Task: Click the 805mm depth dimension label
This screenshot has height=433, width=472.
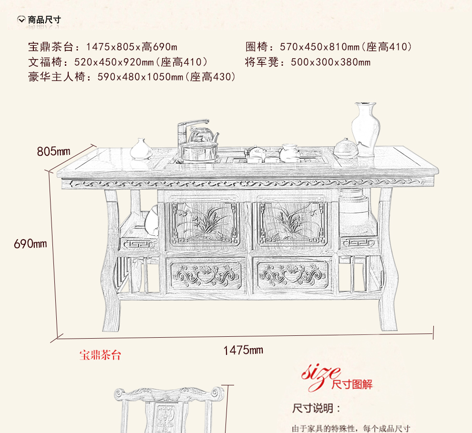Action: pos(53,151)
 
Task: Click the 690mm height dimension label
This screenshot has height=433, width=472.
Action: pos(31,243)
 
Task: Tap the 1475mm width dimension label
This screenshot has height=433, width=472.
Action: pos(243,350)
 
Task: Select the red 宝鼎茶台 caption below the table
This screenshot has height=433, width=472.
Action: pos(100,355)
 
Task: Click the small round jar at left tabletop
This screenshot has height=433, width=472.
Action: pos(142,149)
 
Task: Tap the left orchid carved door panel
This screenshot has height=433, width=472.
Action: pos(205,223)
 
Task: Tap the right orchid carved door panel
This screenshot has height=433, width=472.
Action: pos(292,223)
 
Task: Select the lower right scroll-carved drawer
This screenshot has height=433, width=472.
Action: pos(292,275)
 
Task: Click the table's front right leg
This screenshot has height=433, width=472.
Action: pos(387,267)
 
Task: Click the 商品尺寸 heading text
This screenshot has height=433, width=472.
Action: pos(44,20)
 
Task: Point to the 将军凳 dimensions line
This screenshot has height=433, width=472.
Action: pos(308,62)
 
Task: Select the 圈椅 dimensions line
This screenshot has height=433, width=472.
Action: pos(328,47)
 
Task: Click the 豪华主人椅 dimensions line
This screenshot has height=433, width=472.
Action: pos(132,77)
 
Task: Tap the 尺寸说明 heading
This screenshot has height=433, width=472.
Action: pos(316,408)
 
